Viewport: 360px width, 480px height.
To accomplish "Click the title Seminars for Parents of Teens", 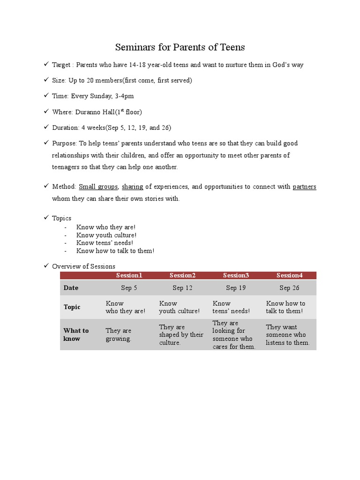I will [x=180, y=47].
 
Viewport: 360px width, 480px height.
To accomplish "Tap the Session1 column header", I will [x=129, y=275].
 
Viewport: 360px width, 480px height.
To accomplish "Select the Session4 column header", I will [x=289, y=275].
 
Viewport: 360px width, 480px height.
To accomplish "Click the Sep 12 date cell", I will [x=182, y=288].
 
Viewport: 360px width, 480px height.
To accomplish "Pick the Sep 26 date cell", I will [x=289, y=288].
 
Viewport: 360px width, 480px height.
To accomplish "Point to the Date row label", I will [x=71, y=288].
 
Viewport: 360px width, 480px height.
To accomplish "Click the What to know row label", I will [x=76, y=334].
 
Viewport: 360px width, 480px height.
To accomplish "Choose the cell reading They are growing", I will [x=119, y=334].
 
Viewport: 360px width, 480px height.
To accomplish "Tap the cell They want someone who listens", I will [x=288, y=335].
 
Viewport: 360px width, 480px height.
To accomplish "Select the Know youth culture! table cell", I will [x=179, y=307].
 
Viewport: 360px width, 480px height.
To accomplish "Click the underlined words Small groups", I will [x=98, y=187].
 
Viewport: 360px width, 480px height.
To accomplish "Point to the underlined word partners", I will [x=304, y=187].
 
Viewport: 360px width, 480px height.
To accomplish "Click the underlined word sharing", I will [x=133, y=187].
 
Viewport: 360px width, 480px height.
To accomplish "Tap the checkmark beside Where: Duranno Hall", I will [x=46, y=112].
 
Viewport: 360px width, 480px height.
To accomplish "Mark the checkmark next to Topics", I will [x=46, y=217].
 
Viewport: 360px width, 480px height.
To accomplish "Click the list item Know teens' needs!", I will [x=105, y=243].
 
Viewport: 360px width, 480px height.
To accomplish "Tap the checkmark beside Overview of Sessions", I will [x=46, y=266].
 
